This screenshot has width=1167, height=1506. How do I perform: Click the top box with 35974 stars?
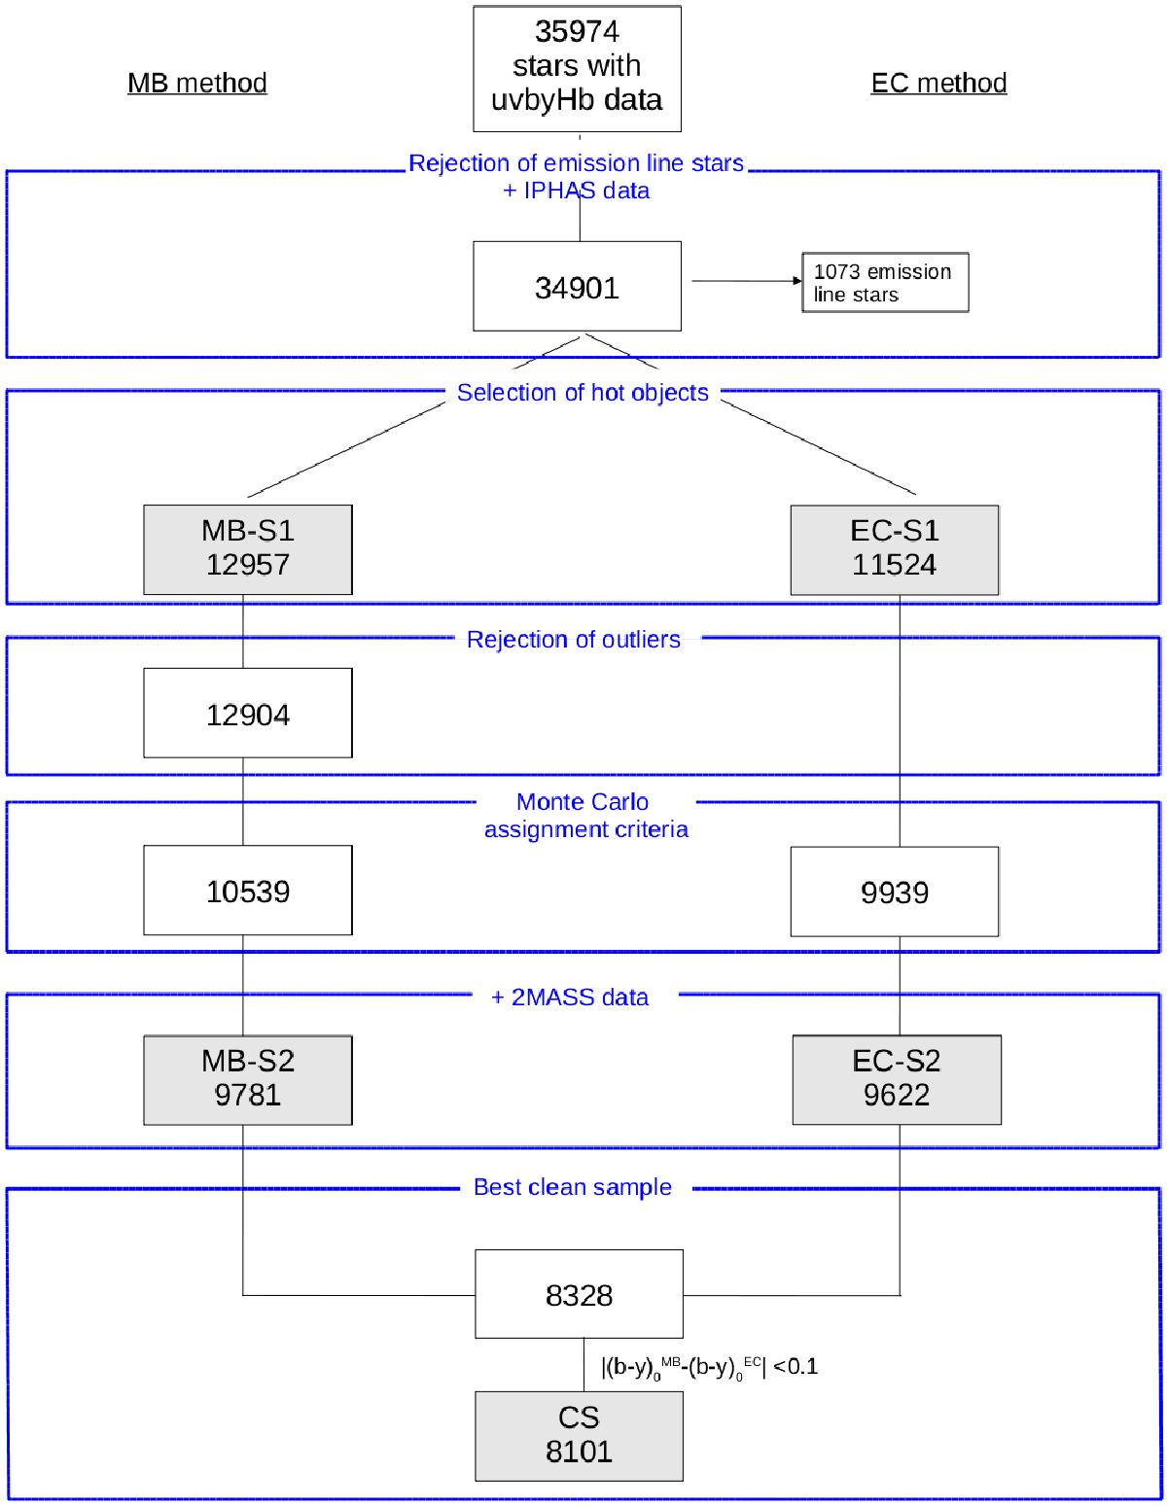(x=577, y=68)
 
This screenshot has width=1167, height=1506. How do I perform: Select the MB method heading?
(x=197, y=83)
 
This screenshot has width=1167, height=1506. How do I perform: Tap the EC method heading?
(x=938, y=83)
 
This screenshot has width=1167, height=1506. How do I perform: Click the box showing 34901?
(x=577, y=287)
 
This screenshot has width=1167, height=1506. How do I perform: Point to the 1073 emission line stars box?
(x=885, y=283)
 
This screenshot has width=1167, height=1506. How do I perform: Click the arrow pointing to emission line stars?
(x=744, y=281)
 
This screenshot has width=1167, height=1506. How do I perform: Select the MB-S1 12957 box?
(x=248, y=549)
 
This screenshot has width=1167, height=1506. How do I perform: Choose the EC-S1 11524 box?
(x=895, y=549)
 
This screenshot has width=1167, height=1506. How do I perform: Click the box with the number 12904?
(x=248, y=714)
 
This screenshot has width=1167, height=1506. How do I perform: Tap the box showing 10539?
(x=248, y=891)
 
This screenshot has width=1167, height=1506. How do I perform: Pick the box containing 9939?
(x=895, y=891)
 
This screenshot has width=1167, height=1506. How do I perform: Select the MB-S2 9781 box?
(x=248, y=1079)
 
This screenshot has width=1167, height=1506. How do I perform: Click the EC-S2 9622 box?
(x=897, y=1079)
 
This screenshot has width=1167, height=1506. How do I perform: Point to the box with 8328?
(x=579, y=1294)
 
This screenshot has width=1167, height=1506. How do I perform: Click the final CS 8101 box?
(x=579, y=1435)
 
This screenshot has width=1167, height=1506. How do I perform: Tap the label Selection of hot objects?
(x=583, y=393)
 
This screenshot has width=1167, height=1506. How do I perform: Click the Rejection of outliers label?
(x=573, y=640)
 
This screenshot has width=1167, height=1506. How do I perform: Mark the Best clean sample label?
(x=572, y=1187)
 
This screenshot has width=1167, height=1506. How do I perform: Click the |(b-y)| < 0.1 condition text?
(x=709, y=1368)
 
